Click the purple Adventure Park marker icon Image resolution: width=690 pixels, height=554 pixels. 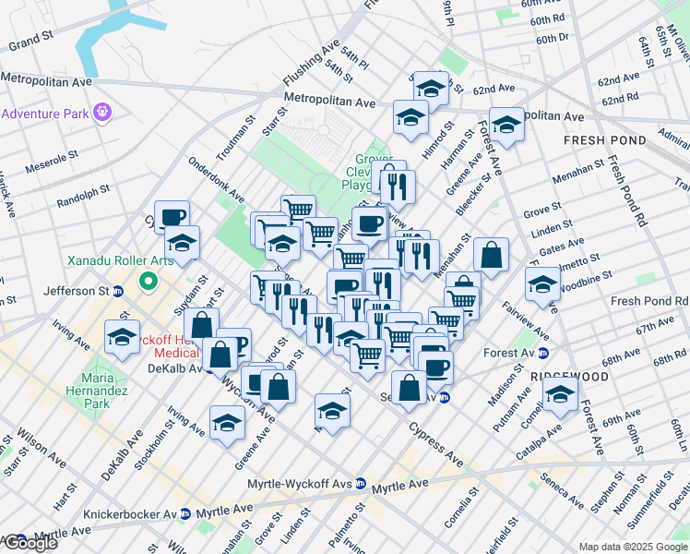pos(101,113)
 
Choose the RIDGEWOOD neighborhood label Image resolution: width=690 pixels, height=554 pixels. pos(569,378)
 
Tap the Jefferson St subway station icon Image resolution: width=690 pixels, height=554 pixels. pos(118,291)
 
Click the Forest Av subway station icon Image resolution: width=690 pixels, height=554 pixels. pos(542,353)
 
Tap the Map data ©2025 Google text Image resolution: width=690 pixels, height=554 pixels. pos(633,546)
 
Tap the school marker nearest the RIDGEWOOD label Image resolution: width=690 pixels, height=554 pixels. pos(560,394)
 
